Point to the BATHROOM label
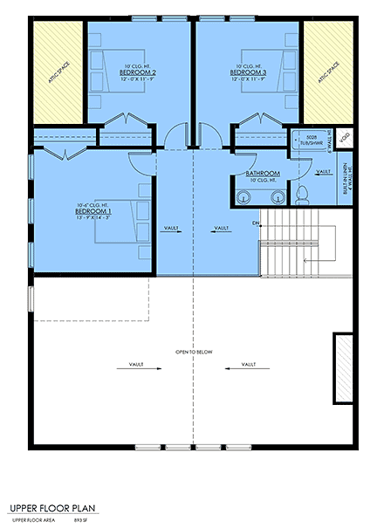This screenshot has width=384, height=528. pos(263,174)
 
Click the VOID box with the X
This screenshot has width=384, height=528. pos(344,138)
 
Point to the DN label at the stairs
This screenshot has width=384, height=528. pos(256,223)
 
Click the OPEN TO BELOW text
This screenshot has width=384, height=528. pos(193,352)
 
